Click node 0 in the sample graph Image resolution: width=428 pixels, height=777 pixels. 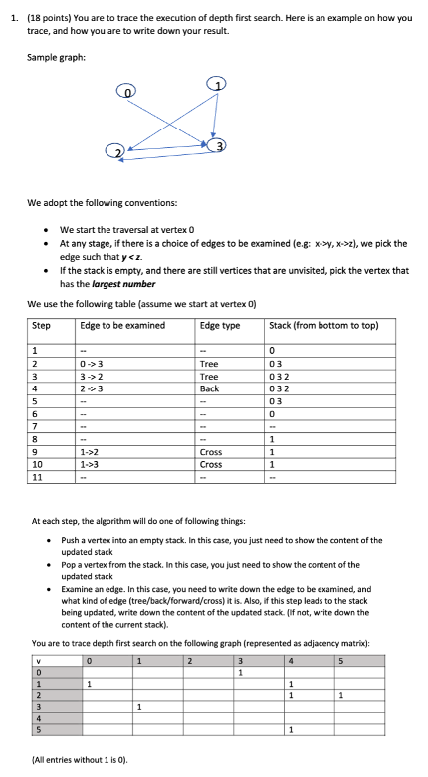(127, 91)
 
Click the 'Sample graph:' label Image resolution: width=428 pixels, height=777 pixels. (56, 57)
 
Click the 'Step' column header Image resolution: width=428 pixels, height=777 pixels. (41, 325)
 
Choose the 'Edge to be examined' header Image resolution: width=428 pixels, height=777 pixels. (114, 325)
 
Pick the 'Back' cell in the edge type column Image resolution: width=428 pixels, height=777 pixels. (210, 388)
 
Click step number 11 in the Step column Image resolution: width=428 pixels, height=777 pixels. (38, 477)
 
